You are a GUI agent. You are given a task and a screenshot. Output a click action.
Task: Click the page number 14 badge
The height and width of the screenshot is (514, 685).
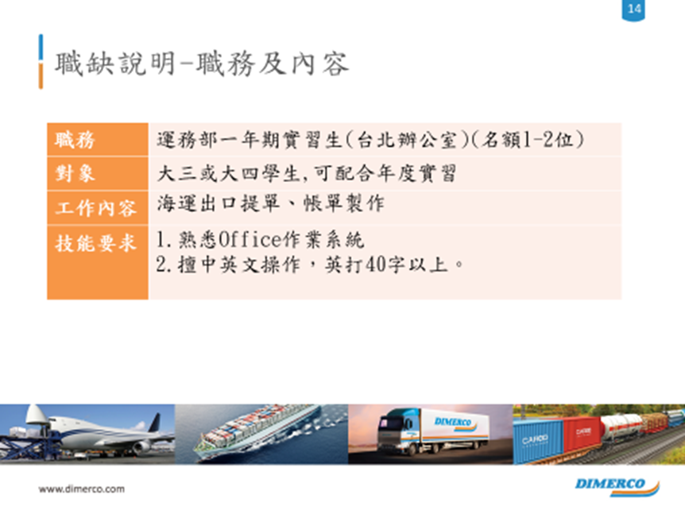633,10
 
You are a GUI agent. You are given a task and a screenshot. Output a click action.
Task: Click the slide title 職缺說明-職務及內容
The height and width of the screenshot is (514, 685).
201,64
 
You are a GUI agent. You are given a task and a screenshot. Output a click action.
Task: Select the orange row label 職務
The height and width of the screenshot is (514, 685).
75,140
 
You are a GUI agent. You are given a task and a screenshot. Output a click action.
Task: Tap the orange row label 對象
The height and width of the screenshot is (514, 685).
75,173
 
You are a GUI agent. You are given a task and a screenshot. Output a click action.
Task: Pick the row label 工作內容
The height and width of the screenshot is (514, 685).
95,208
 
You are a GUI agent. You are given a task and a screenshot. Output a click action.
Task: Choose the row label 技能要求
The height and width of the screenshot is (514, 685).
95,243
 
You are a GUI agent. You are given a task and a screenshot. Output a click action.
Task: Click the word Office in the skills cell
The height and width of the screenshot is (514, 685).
250,239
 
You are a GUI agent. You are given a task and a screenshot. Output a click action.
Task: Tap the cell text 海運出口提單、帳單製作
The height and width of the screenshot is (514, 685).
270,203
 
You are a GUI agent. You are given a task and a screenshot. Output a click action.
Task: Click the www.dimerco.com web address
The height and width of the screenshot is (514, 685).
82,489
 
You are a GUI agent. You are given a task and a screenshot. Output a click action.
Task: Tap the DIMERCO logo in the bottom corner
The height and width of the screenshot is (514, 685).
617,486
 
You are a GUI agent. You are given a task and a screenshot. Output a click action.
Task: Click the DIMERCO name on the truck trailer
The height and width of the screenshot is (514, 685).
453,422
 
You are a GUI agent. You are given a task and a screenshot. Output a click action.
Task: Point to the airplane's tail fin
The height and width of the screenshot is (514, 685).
155,423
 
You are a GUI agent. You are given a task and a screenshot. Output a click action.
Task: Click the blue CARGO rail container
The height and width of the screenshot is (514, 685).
538,441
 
